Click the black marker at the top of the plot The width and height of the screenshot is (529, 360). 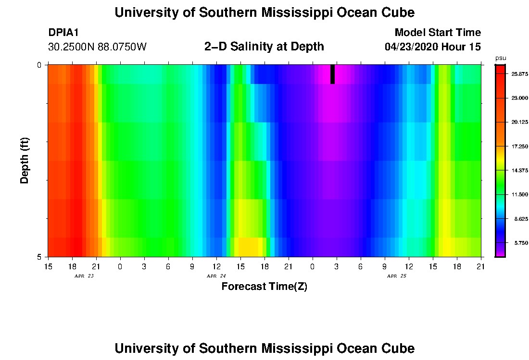pyautogui.click(x=332, y=74)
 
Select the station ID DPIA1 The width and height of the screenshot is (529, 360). pyautogui.click(x=63, y=33)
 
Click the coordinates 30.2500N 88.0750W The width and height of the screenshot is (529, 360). pyautogui.click(x=97, y=47)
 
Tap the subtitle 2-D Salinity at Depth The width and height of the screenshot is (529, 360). pyautogui.click(x=264, y=47)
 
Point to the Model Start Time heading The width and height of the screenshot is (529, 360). pyautogui.click(x=437, y=33)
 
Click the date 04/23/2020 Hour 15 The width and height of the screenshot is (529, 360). pyautogui.click(x=432, y=47)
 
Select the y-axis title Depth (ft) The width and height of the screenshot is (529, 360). pyautogui.click(x=25, y=161)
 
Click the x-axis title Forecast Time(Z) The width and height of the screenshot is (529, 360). pyautogui.click(x=264, y=287)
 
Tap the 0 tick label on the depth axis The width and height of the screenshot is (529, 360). pyautogui.click(x=39, y=65)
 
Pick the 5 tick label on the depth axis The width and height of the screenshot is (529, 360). pyautogui.click(x=39, y=257)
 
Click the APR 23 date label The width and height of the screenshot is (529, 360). pyautogui.click(x=84, y=276)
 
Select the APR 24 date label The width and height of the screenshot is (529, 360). pyautogui.click(x=216, y=276)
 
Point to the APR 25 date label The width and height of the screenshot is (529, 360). pyautogui.click(x=396, y=276)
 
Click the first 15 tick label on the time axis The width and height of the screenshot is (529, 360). pyautogui.click(x=48, y=266)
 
